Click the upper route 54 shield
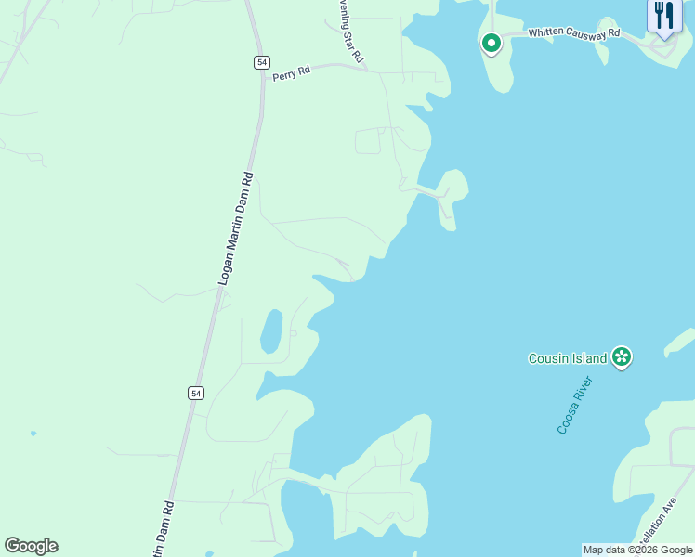[x=262, y=61]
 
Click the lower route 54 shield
[x=195, y=393]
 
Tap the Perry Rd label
[x=291, y=73]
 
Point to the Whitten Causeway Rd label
[x=573, y=32]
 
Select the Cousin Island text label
[x=567, y=358]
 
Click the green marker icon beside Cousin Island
[x=622, y=356]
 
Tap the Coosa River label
[x=575, y=405]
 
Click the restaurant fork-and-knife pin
[x=663, y=16]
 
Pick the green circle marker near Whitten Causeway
[x=491, y=42]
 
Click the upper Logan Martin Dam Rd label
[x=235, y=227]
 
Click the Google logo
[x=31, y=546]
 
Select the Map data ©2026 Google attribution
[x=637, y=550]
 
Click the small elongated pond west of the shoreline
[x=271, y=331]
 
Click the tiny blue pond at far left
[x=33, y=434]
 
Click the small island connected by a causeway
[x=452, y=196]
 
